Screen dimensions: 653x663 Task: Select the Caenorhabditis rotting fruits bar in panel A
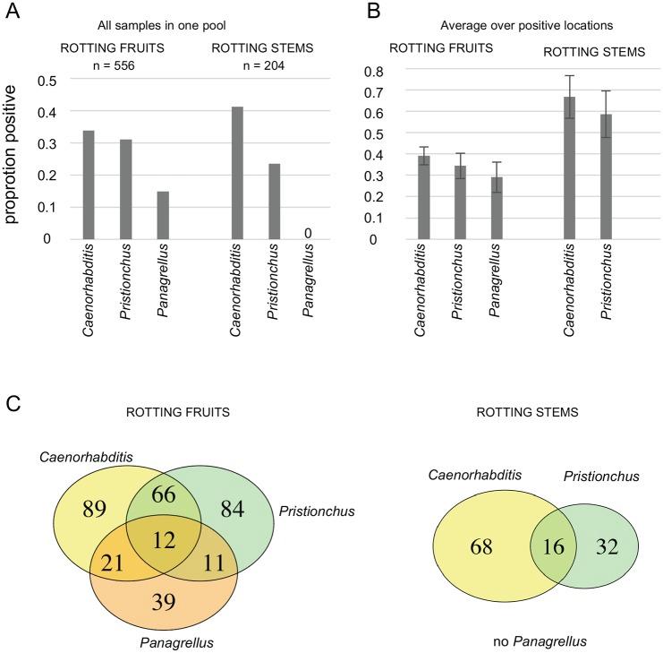(89, 185)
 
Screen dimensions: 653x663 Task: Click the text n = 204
(263, 66)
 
